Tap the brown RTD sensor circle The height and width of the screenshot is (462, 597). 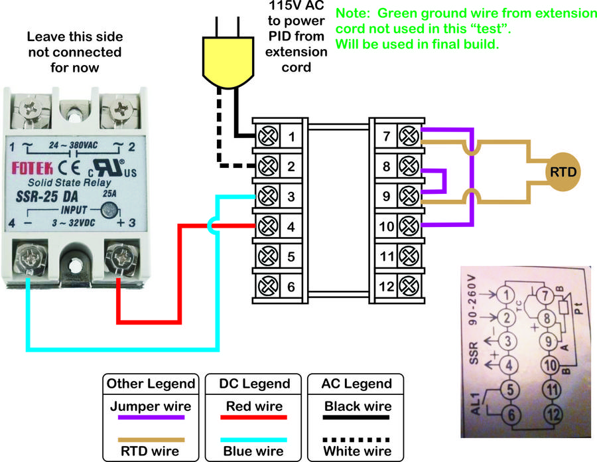pos(562,172)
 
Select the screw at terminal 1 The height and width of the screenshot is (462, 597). pos(268,137)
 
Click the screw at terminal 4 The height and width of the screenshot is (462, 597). pos(268,226)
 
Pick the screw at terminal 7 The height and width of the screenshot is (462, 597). pos(408,137)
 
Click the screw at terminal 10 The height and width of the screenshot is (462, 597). pos(408,226)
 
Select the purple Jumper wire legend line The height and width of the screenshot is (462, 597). pos(151,418)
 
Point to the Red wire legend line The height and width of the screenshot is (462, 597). pos(254,418)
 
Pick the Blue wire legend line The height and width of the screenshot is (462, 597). pos(254,439)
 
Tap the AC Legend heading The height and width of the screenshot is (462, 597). pos(357,384)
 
